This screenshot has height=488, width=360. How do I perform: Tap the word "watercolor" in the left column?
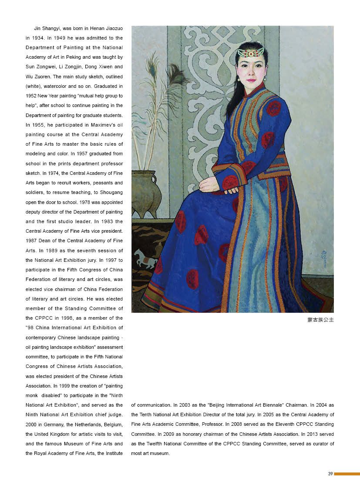[x=56, y=86]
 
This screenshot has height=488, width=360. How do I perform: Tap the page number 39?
[x=330, y=474]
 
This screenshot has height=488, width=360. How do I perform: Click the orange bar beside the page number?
[x=347, y=474]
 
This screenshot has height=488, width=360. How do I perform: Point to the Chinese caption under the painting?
[x=320, y=320]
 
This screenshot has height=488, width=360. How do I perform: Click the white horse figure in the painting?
[x=145, y=258]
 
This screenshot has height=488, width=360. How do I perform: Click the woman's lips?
[x=252, y=81]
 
